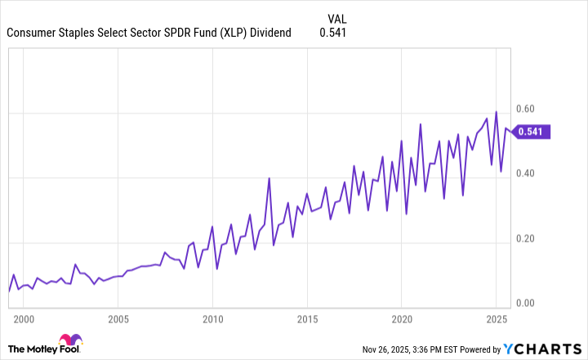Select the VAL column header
pos(336,18)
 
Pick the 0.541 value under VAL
pos(333,33)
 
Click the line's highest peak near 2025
pos(496,112)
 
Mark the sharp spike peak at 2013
pos(269,178)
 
